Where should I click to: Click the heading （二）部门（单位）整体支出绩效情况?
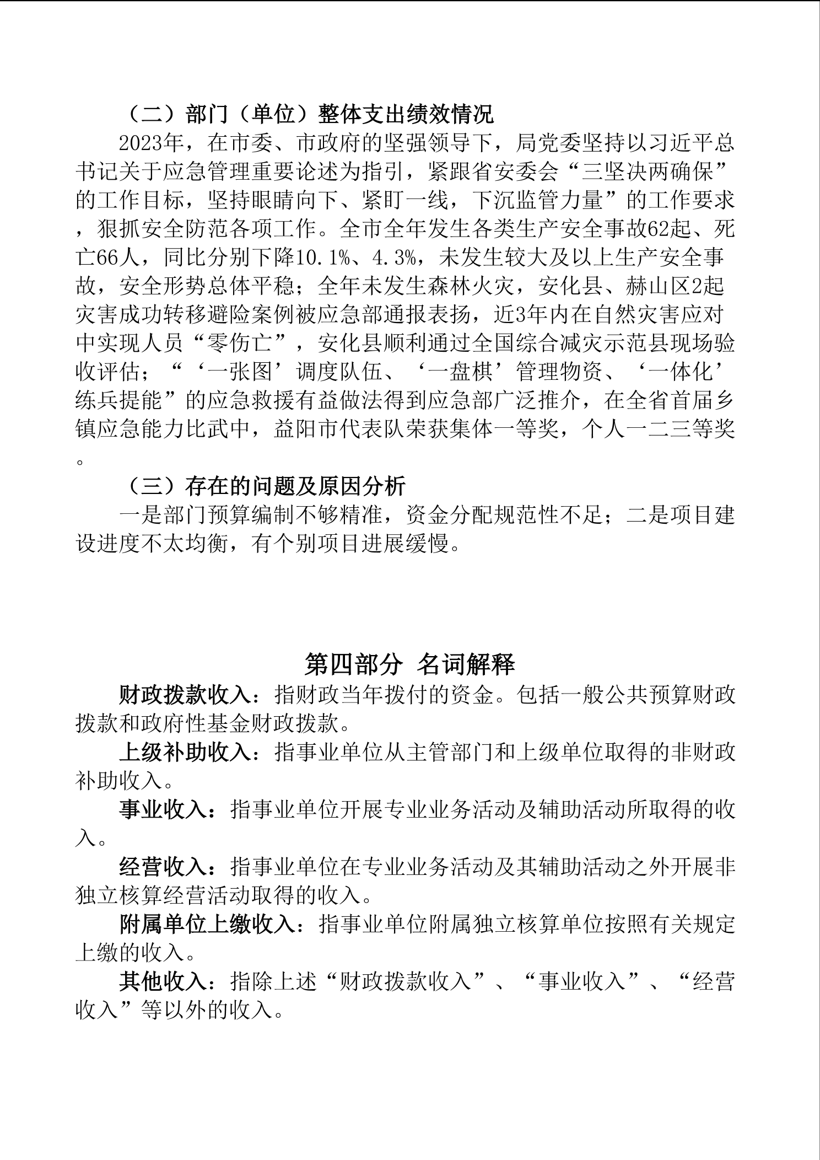coord(307,115)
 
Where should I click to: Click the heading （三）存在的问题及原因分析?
coord(263,486)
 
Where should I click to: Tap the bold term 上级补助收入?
coord(185,753)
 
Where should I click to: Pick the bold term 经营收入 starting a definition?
coord(163,868)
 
